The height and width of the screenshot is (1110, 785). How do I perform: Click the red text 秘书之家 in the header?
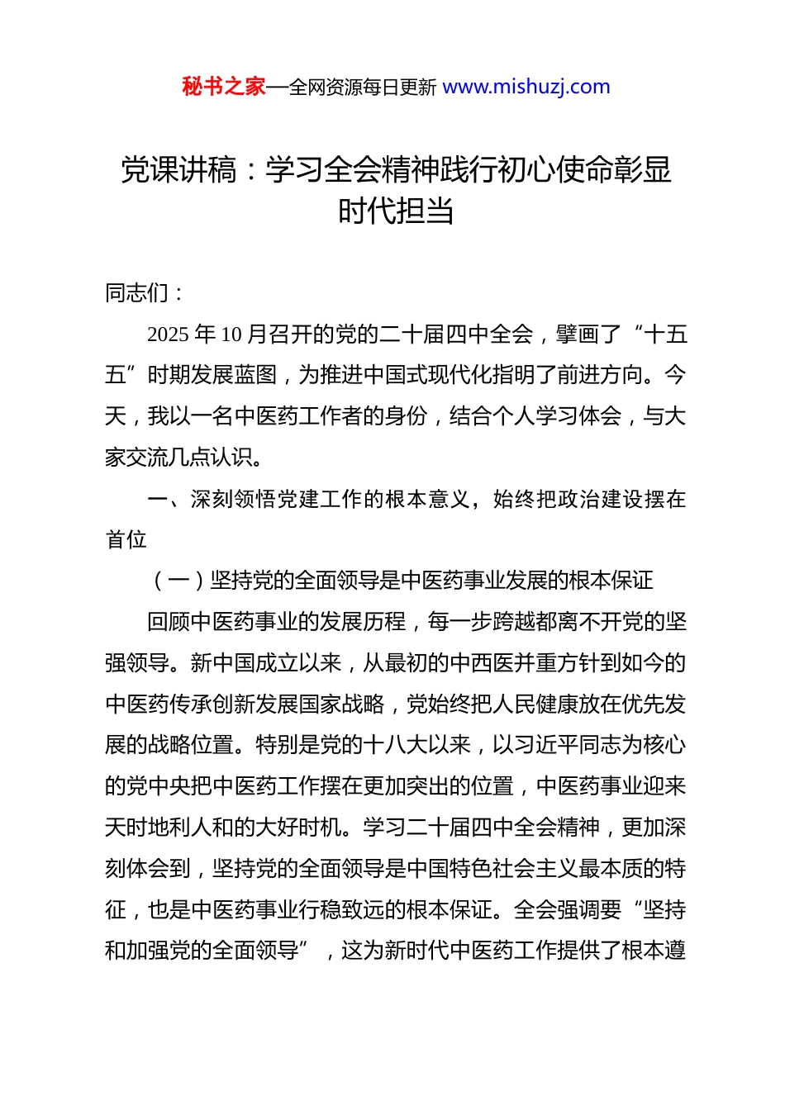click(x=223, y=87)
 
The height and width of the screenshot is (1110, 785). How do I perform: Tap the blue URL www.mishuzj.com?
click(x=526, y=87)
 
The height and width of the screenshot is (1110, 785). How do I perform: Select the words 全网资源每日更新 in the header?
click(x=363, y=88)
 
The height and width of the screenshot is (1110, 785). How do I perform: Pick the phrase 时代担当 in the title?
click(x=396, y=211)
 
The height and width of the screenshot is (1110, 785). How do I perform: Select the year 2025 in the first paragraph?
click(x=168, y=334)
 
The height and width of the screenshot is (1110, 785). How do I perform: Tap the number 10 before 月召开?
click(x=231, y=334)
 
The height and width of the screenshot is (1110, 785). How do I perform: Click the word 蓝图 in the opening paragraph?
click(x=255, y=375)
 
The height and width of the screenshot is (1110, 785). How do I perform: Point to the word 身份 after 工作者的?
click(x=406, y=416)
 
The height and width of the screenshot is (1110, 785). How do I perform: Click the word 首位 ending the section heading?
click(x=126, y=539)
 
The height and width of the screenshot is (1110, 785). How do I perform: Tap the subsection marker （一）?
click(x=178, y=581)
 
